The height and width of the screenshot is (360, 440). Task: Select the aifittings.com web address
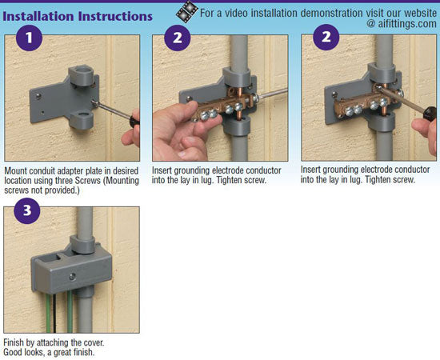406,24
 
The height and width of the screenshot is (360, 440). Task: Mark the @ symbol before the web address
370,24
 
